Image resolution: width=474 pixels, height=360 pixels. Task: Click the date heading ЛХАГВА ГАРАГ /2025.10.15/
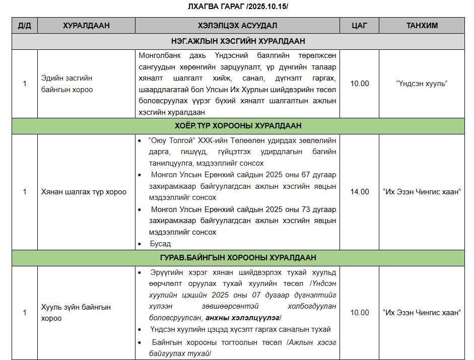237,7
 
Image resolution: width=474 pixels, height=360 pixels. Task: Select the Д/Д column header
24,26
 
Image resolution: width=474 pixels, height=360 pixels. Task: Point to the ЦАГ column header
360,26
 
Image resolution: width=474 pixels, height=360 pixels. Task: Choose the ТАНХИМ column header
422,26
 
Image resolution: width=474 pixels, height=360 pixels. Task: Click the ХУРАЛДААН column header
86,26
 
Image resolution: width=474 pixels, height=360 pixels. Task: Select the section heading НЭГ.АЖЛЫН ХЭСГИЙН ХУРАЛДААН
237,41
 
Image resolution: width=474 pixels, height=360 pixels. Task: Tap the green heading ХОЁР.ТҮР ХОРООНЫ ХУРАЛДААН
237,126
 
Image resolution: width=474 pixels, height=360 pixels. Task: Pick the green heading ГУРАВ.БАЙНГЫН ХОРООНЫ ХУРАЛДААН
237,258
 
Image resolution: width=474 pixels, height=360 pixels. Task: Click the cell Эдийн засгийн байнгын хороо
67,84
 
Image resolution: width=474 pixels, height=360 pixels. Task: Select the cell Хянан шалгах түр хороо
84,192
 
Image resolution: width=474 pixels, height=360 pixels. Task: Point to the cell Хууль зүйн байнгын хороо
76,312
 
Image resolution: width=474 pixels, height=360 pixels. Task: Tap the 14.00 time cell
360,192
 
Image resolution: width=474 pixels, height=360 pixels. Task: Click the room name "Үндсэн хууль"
422,84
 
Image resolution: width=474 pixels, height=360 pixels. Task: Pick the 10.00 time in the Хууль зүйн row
360,313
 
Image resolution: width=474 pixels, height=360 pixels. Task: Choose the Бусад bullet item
160,244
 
